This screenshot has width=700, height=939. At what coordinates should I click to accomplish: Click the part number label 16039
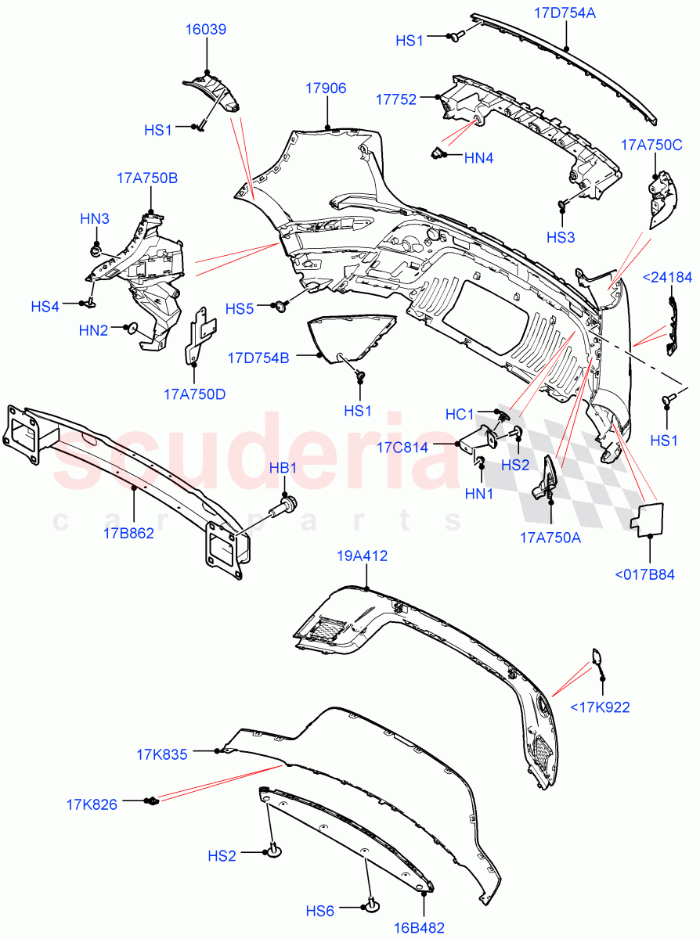(206, 30)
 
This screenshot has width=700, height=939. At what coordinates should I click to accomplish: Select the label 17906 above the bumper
(326, 89)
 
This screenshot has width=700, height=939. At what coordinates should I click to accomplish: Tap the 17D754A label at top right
(565, 13)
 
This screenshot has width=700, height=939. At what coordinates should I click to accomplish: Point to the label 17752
(395, 99)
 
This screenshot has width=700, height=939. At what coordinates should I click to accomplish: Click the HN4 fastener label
(478, 158)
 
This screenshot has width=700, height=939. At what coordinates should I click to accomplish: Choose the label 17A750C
(651, 144)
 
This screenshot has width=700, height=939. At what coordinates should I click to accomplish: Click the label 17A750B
(147, 178)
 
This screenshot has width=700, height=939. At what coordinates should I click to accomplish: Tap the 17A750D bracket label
(194, 394)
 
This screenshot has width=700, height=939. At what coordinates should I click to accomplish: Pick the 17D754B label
(258, 358)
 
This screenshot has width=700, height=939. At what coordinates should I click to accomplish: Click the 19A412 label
(362, 556)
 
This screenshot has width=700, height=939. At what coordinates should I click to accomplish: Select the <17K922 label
(600, 708)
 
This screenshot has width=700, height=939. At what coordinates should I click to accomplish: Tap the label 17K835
(161, 755)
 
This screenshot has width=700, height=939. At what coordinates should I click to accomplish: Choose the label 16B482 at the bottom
(419, 929)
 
